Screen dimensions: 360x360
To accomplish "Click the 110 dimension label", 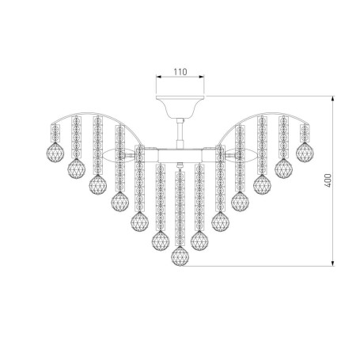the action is pos(180,72).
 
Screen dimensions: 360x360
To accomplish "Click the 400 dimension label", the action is pos(328,180).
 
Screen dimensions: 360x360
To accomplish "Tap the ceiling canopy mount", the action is pos(180,107).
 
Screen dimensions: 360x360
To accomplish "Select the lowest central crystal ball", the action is pos(180,256).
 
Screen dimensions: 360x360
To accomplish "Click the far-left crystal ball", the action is pos(55,153).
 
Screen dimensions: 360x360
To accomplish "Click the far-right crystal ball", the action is pos(305,153).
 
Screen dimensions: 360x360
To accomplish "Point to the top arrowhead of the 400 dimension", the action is pos(333,99).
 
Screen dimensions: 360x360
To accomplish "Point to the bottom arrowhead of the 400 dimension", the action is pos(333,263).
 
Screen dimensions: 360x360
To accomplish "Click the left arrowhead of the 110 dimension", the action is pos(159,77).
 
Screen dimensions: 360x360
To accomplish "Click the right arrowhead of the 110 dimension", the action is pos(202,77).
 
